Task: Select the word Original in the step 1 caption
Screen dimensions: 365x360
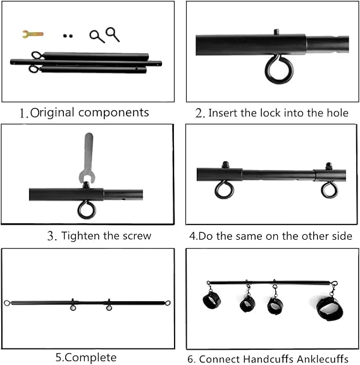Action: coord(58,113)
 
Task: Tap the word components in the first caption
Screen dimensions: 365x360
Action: coord(118,113)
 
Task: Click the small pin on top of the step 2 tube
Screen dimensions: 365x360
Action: coord(276,32)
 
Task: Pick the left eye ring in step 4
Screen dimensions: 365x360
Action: coord(223,189)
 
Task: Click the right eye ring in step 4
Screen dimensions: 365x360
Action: coord(329,189)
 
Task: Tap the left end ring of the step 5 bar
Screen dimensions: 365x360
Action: coord(8,302)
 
